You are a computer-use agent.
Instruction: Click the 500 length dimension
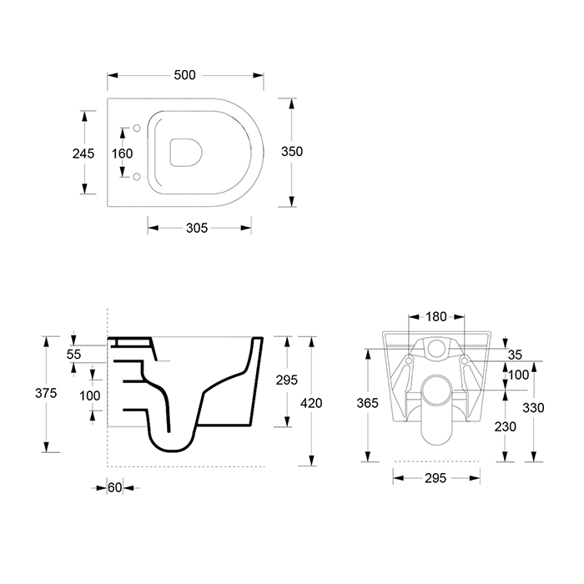[x=184, y=75]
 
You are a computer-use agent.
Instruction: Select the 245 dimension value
[x=83, y=154]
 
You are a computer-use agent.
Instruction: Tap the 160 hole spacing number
[x=122, y=154]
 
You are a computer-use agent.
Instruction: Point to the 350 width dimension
[x=292, y=152]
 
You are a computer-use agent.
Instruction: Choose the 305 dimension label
[x=197, y=228]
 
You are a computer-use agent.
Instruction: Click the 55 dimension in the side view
[x=73, y=355]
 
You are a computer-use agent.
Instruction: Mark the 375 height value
[x=46, y=393]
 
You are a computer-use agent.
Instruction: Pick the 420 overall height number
[x=311, y=403]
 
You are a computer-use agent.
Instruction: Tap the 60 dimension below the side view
[x=115, y=487]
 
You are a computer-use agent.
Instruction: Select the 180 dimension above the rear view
[x=436, y=317]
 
